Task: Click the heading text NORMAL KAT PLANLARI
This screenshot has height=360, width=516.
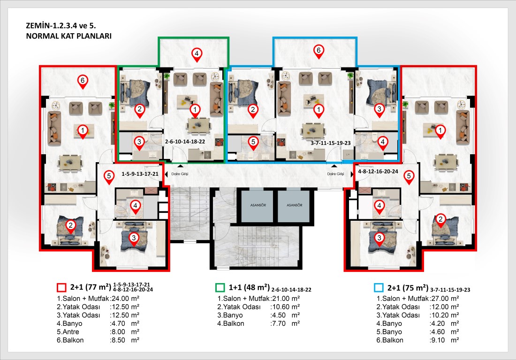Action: click(x=69, y=36)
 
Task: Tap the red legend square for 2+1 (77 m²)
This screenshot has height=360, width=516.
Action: click(x=61, y=287)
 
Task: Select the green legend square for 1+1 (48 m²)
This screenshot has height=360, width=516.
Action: click(x=220, y=287)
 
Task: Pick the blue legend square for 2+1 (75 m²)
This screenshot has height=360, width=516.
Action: click(x=379, y=287)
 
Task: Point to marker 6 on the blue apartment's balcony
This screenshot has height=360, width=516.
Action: click(x=319, y=52)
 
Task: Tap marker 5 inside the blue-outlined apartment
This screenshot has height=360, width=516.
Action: click(x=253, y=143)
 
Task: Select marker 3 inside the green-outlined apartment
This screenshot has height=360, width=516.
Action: click(x=139, y=143)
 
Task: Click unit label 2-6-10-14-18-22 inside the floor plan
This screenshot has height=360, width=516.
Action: click(x=185, y=142)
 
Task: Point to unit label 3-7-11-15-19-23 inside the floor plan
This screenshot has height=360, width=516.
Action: click(x=330, y=143)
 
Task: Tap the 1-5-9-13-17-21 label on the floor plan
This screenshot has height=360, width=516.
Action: click(x=140, y=173)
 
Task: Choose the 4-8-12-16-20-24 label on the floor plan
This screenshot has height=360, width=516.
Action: click(x=378, y=171)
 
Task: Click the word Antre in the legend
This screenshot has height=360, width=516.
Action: click(x=71, y=332)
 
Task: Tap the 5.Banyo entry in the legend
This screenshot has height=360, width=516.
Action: click(x=389, y=332)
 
